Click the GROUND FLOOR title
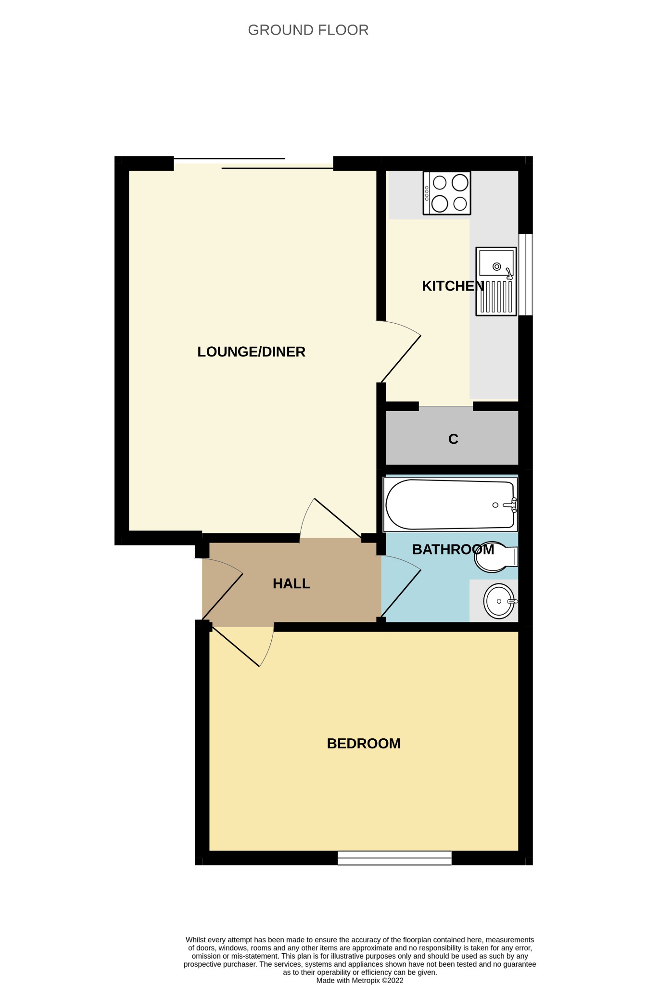pyautogui.click(x=308, y=30)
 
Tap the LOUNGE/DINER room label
pyautogui.click(x=251, y=352)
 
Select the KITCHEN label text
pyautogui.click(x=453, y=286)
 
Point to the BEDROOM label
pyautogui.click(x=364, y=744)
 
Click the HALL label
pyautogui.click(x=292, y=584)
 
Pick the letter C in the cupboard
pyautogui.click(x=453, y=439)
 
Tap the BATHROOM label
pyautogui.click(x=453, y=550)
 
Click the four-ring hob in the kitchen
pyautogui.click(x=447, y=193)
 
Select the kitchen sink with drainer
pyautogui.click(x=496, y=281)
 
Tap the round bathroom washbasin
pyautogui.click(x=499, y=601)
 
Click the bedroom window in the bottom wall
pyautogui.click(x=394, y=858)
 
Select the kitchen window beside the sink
pyautogui.click(x=525, y=275)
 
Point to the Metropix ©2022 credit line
pyautogui.click(x=360, y=980)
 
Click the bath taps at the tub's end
pyautogui.click(x=511, y=505)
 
